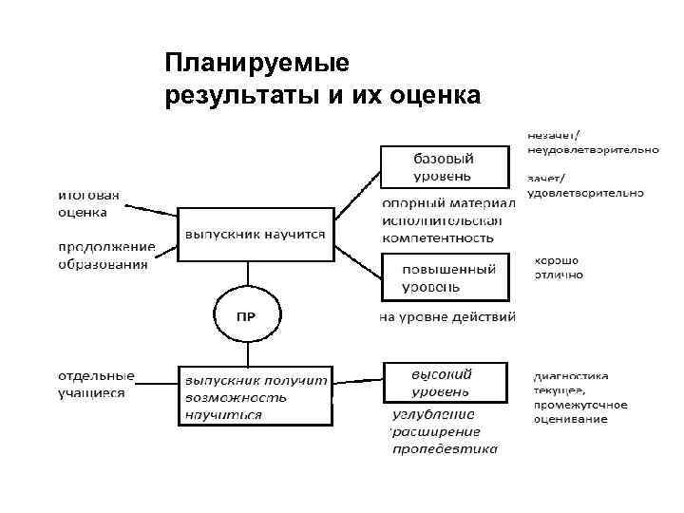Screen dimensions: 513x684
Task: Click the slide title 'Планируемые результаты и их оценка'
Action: point(322,81)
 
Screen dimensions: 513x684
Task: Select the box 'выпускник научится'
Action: point(256,234)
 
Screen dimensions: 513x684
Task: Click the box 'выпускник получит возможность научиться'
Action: point(256,395)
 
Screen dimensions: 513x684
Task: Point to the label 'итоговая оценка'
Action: point(88,203)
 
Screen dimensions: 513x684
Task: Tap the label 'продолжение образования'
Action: point(104,256)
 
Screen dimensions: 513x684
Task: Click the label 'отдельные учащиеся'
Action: point(96,384)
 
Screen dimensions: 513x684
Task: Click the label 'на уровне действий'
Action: point(447,316)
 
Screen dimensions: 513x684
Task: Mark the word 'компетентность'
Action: point(438,237)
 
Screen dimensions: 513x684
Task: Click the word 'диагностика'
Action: point(570,375)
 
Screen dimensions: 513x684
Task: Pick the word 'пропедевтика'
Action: point(445,448)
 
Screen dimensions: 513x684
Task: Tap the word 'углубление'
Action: point(433,414)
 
